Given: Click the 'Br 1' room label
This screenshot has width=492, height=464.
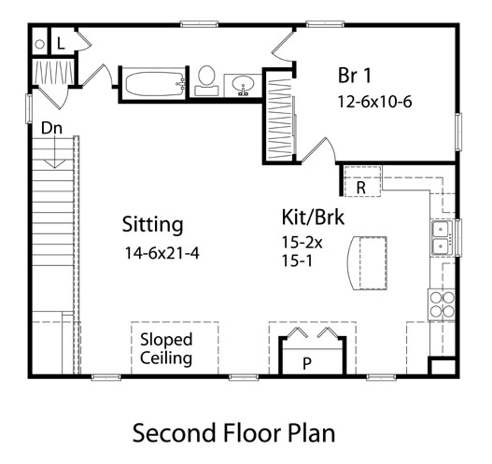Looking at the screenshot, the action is pyautogui.click(x=355, y=76).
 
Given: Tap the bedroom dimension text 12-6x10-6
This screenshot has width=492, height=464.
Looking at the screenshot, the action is pyautogui.click(x=374, y=102).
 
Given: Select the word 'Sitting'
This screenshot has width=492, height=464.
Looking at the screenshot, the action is pyautogui.click(x=152, y=225).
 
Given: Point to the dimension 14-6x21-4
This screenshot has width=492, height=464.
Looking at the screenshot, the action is pyautogui.click(x=162, y=253).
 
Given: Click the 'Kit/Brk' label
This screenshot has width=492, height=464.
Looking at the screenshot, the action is pyautogui.click(x=313, y=217).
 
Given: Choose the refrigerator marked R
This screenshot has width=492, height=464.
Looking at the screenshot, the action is pyautogui.click(x=363, y=182).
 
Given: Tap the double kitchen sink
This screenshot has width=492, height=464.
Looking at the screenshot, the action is pyautogui.click(x=442, y=237).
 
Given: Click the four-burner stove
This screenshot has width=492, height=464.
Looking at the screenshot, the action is pyautogui.click(x=442, y=304).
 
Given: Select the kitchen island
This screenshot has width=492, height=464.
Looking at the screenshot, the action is pyautogui.click(x=368, y=263).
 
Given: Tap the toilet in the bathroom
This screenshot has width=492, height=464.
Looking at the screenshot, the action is pyautogui.click(x=206, y=80).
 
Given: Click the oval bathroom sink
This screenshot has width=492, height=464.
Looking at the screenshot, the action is pyautogui.click(x=243, y=84).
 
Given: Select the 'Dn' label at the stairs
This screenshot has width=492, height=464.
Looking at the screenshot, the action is pyautogui.click(x=51, y=128).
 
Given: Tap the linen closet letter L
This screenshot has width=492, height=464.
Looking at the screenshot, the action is pyautogui.click(x=61, y=43).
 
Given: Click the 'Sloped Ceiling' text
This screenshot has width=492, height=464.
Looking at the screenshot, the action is pyautogui.click(x=166, y=349).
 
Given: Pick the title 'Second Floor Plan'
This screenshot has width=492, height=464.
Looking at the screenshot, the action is pyautogui.click(x=233, y=433).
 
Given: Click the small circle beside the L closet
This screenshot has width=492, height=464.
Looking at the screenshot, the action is pyautogui.click(x=39, y=44).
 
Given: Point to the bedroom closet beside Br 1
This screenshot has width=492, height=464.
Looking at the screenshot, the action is pyautogui.click(x=278, y=119).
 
